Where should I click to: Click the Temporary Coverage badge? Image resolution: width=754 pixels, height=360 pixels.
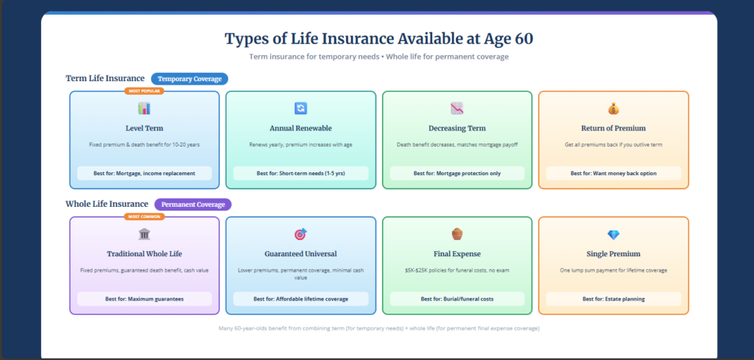pyautogui.click(x=190, y=79)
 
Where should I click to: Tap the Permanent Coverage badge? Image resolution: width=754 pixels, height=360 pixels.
pyautogui.click(x=193, y=204)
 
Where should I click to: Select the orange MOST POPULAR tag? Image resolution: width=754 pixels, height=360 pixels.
pyautogui.click(x=144, y=91)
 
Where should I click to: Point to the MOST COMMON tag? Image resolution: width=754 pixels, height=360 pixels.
pyautogui.click(x=144, y=216)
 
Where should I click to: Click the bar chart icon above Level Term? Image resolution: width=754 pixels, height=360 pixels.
pyautogui.click(x=144, y=108)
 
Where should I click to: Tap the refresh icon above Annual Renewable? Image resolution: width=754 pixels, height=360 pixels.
pyautogui.click(x=300, y=108)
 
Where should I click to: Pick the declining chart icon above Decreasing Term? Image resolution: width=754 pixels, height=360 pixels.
pyautogui.click(x=457, y=108)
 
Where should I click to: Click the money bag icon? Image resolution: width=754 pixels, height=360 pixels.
pyautogui.click(x=613, y=108)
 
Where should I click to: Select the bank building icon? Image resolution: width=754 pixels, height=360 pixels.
pyautogui.click(x=144, y=234)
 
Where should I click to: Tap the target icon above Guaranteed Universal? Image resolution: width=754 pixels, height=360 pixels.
pyautogui.click(x=300, y=234)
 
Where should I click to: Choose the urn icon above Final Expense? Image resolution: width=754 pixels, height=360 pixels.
pyautogui.click(x=457, y=234)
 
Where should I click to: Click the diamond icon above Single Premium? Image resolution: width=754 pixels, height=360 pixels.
pyautogui.click(x=613, y=234)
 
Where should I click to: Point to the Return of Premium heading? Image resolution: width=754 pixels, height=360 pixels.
pyautogui.click(x=613, y=128)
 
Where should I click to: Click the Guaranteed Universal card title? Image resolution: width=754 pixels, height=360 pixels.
pyautogui.click(x=300, y=254)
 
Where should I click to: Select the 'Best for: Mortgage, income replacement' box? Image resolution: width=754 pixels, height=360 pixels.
pyautogui.click(x=144, y=173)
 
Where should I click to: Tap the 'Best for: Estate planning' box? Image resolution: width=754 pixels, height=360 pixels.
pyautogui.click(x=613, y=299)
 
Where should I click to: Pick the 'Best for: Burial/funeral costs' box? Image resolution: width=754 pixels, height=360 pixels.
pyautogui.click(x=457, y=299)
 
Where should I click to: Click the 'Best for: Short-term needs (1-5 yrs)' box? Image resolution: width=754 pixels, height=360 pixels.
pyautogui.click(x=300, y=173)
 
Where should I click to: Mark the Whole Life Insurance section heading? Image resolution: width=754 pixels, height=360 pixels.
pyautogui.click(x=107, y=204)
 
